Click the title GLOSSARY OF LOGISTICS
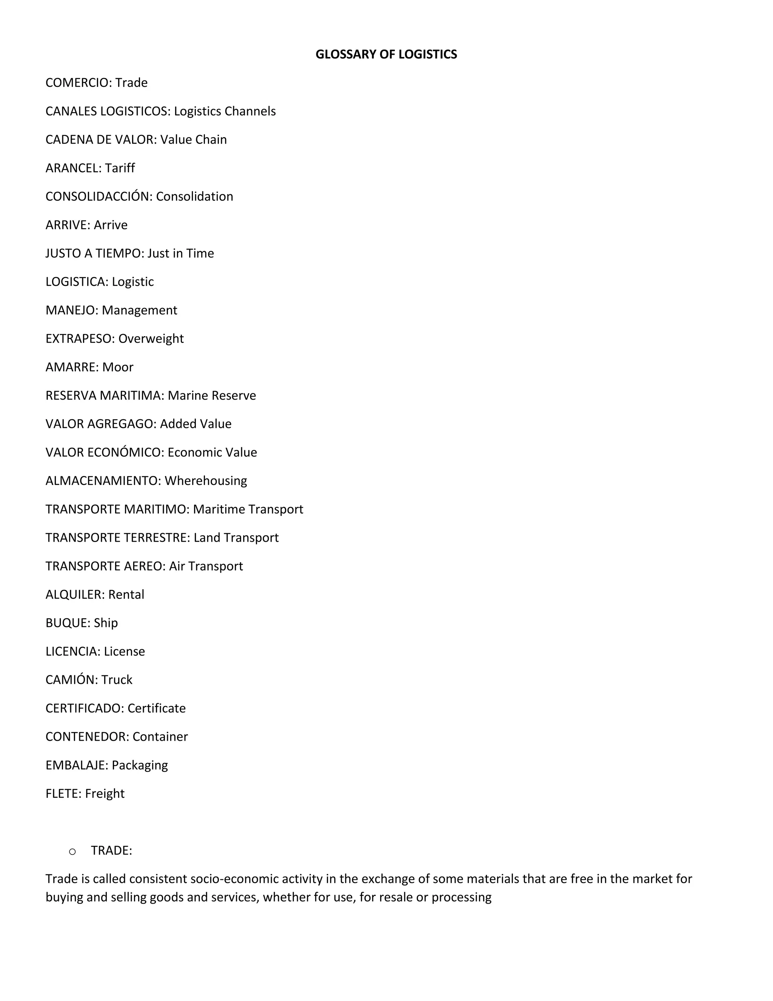[386, 54]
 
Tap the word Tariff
[120, 168]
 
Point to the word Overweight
[151, 339]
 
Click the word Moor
[118, 367]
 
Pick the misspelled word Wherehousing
[206, 481]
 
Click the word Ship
[106, 623]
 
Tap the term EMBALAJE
[75, 765]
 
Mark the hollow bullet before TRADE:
[72, 851]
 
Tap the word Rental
[126, 595]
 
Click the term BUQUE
[66, 623]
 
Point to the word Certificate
[157, 708]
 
